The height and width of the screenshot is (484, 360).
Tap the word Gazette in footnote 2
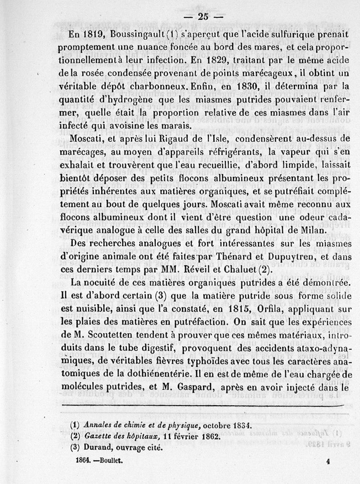click(x=99, y=436)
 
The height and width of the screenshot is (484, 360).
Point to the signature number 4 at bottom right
click(x=328, y=461)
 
